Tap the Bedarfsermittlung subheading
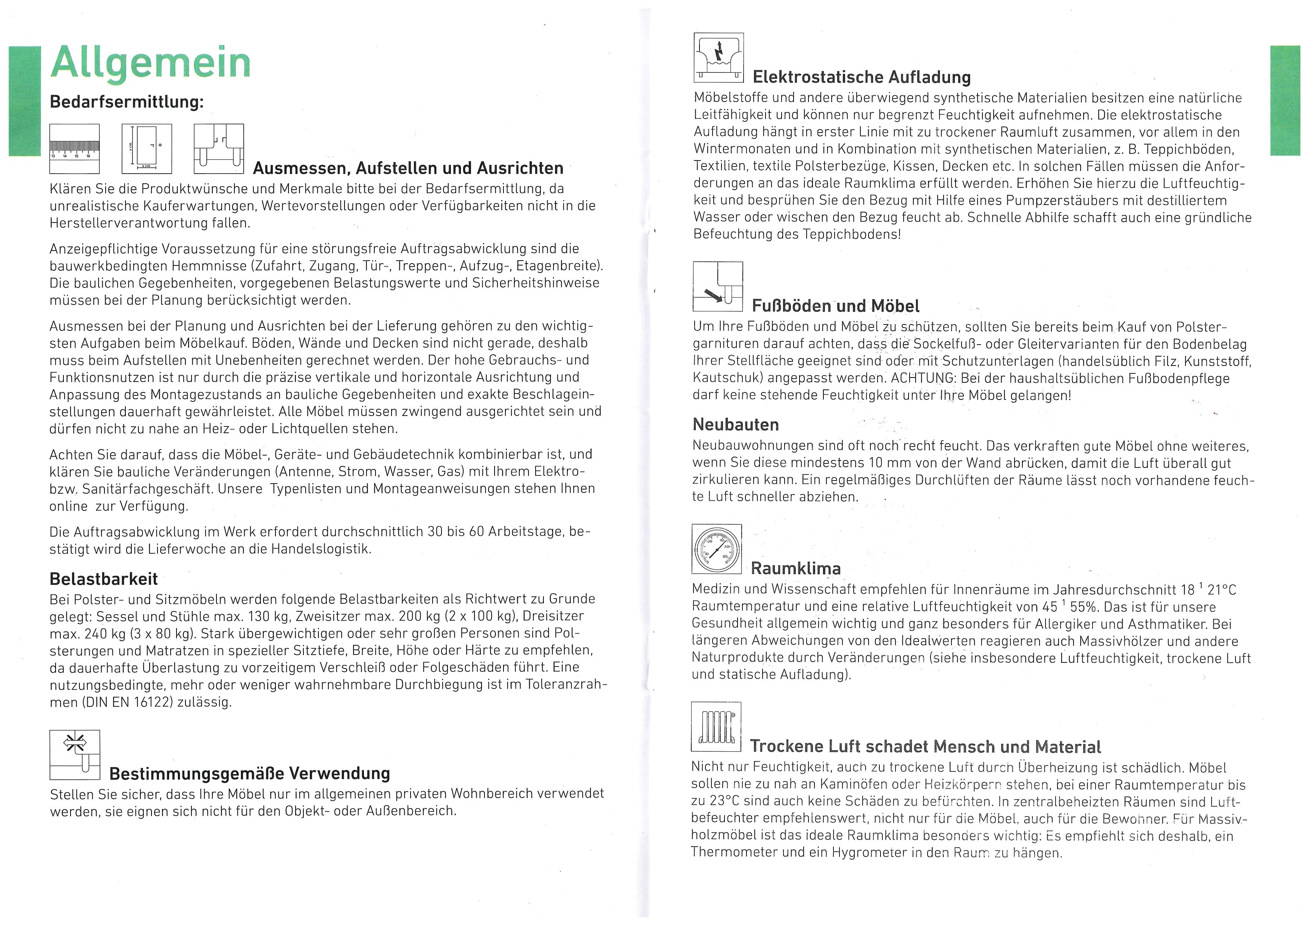127,102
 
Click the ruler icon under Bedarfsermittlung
75,149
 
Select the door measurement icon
147,149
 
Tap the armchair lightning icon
719,58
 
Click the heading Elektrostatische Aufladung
861,77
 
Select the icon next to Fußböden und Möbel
718,286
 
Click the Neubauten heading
735,425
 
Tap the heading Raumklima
795,569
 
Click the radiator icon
716,727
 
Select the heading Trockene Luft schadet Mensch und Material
925,746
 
